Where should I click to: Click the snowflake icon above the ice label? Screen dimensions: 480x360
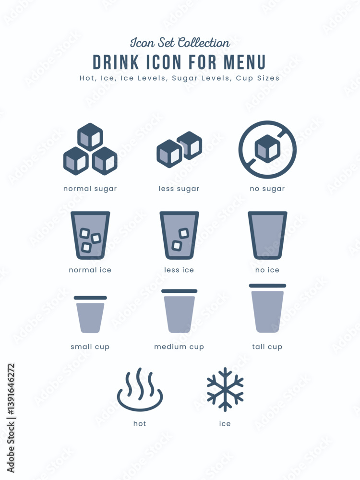(225, 389)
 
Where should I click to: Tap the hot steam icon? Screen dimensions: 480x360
(140, 390)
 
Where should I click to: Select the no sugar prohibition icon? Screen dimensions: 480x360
(267, 149)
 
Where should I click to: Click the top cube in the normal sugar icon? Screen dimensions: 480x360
(90, 137)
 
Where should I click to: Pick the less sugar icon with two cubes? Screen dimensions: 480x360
(179, 149)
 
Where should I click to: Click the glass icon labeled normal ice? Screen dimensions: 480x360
(90, 235)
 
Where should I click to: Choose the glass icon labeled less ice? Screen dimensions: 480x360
(179, 235)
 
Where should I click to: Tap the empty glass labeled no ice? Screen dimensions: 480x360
(267, 235)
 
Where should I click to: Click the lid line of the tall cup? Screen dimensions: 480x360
(267, 286)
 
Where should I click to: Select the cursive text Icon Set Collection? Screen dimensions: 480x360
(180, 43)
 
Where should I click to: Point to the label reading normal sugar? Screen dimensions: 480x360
(90, 189)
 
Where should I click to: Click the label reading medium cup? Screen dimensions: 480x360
(179, 347)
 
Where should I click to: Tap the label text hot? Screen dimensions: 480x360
(140, 423)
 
